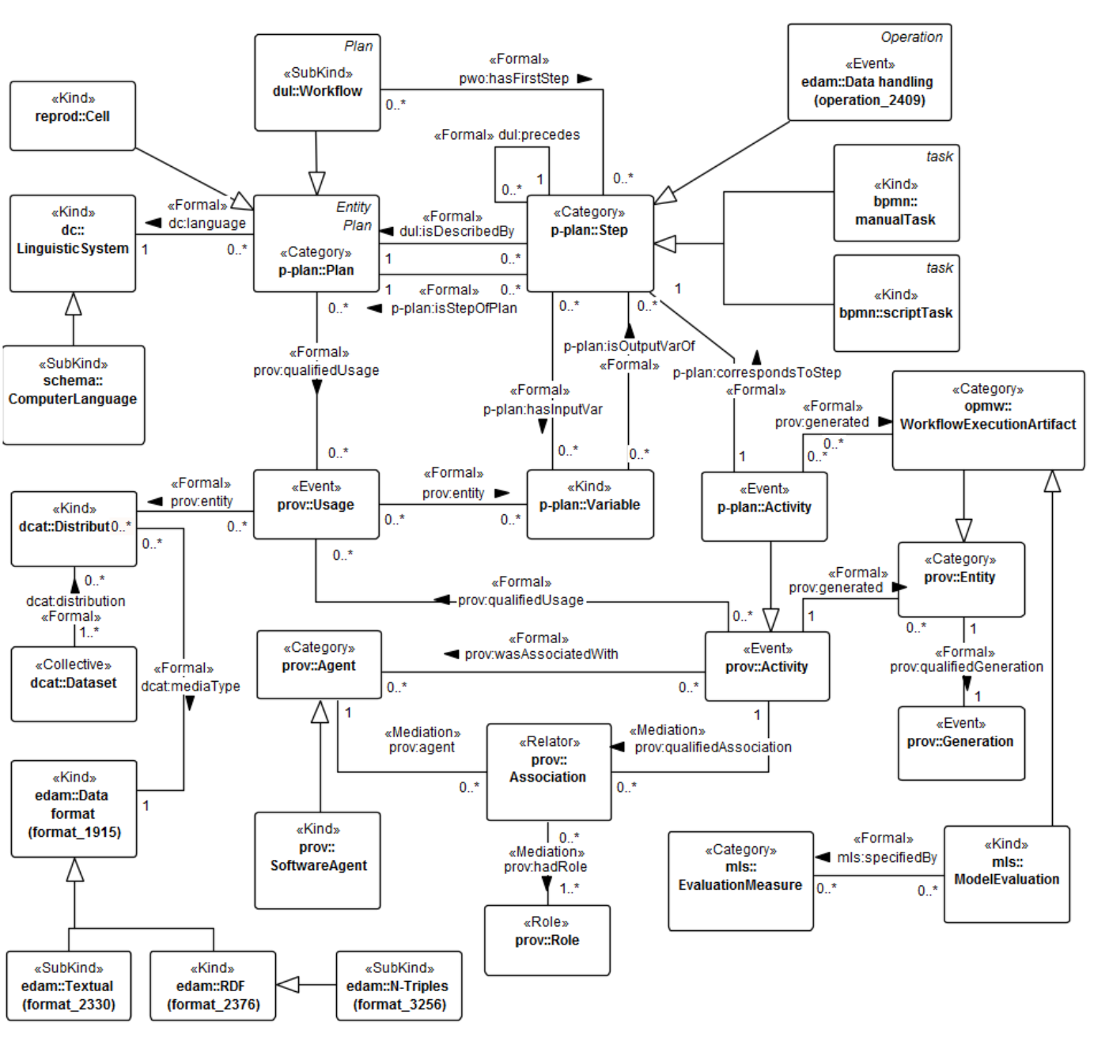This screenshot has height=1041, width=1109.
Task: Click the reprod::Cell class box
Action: coord(72,115)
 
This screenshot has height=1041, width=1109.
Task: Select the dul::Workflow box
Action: coord(317,82)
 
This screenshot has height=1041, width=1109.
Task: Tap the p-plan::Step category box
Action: coord(590,243)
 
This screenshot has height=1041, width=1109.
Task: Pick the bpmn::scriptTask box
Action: coord(896,303)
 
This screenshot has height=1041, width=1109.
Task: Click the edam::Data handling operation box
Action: coord(869,72)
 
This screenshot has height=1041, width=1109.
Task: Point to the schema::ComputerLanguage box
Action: coord(73,394)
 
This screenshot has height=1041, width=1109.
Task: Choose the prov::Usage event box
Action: coord(316,504)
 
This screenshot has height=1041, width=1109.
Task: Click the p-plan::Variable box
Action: coord(590,504)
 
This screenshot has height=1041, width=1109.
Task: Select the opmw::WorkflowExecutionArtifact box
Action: coord(988,420)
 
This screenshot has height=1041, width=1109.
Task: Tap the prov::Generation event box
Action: coord(960,742)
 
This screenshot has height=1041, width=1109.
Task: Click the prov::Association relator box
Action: coord(548,771)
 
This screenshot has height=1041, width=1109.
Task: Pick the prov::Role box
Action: coord(547,940)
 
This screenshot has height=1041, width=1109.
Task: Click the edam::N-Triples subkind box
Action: coord(399,986)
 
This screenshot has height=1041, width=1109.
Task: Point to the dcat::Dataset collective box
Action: coord(74,683)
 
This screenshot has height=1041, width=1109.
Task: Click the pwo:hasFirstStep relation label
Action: coord(514,78)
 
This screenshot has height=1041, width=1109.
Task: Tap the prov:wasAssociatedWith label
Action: coord(541,654)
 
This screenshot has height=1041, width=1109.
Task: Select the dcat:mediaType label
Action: coord(191,686)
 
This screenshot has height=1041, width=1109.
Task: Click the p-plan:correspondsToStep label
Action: coord(756,373)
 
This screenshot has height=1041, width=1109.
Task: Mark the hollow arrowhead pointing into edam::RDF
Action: coord(287,985)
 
